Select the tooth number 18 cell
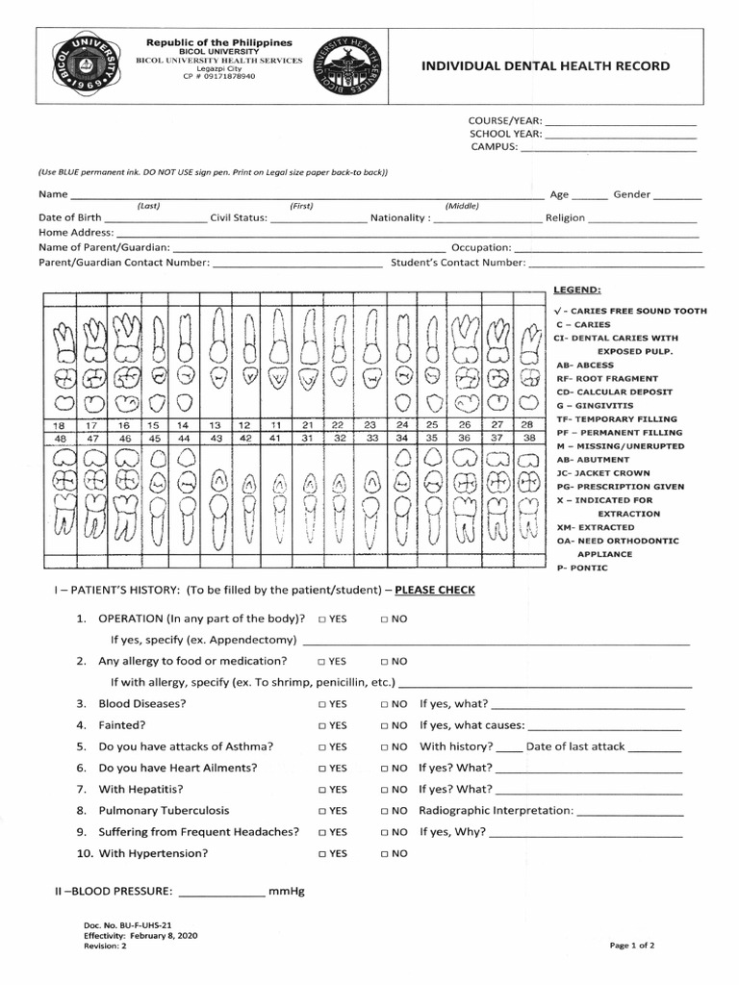coord(59,424)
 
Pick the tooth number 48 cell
coord(59,438)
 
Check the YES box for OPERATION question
coord(321,619)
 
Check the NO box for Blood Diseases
coord(385,704)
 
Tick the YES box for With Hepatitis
coord(321,790)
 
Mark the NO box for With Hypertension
coord(385,854)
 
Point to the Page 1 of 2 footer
coord(632,946)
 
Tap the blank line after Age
coord(590,197)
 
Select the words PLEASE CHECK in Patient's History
coord(429,590)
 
